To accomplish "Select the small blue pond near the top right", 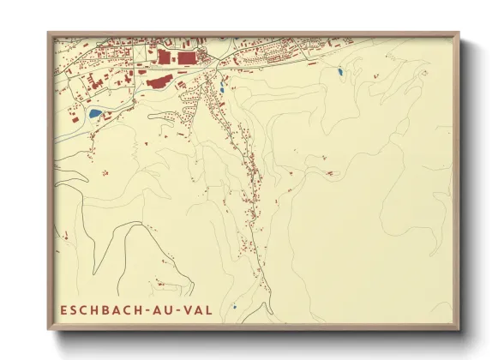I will [339, 72].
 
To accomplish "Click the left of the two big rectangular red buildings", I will [164, 57].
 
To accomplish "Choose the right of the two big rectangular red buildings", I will [186, 58].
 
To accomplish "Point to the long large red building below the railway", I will [159, 82].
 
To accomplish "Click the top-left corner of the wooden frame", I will [48, 33].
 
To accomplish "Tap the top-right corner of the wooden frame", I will [459, 33].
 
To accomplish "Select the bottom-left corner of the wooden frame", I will [48, 330].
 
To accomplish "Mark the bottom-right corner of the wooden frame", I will [459, 330].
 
